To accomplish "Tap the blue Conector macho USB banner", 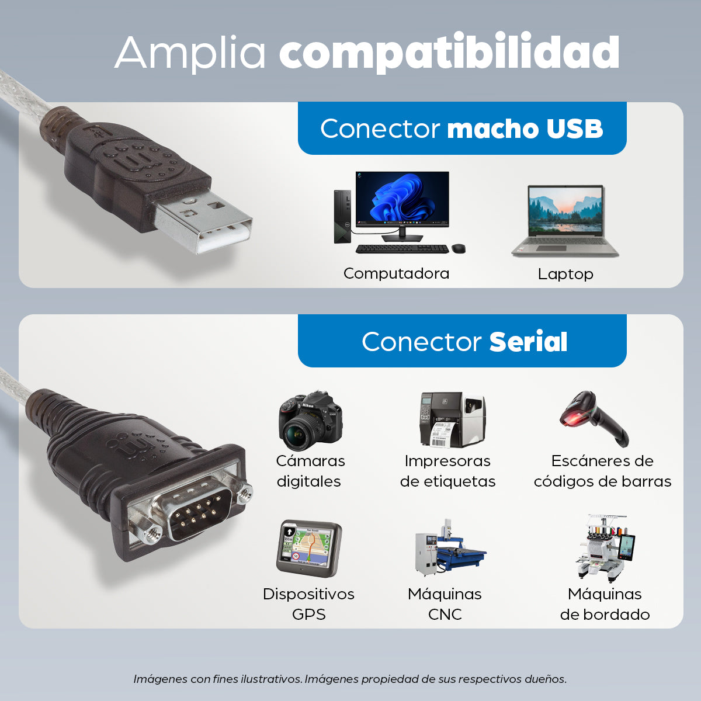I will coord(461,129).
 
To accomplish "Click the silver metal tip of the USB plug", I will coord(204,225).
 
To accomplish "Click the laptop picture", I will coord(565,221).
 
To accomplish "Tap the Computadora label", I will coord(396,273).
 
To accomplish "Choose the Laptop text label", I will coord(565,274).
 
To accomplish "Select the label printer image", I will coord(452,419).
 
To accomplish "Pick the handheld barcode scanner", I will coord(593,417).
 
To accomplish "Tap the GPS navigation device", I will coord(308,548).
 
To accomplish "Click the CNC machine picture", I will coord(449,547).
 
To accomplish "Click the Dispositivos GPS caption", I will coord(308,604).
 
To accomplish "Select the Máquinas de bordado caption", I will coord(605,604).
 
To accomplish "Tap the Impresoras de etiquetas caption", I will coord(447,471).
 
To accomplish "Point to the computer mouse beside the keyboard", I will coord(459,249).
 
